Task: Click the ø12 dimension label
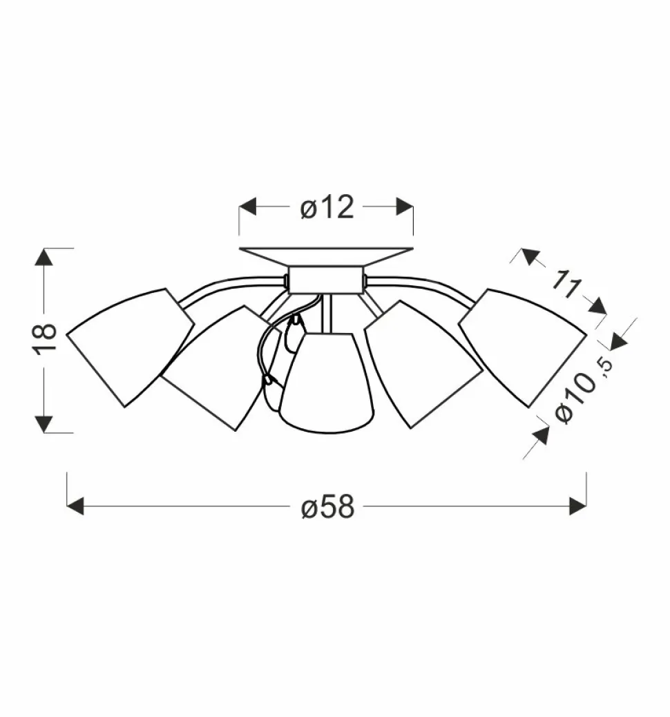[x=327, y=207]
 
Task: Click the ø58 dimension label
[x=328, y=507]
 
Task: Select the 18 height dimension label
[x=46, y=338]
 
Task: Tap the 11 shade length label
[x=566, y=285]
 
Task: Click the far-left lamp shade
[x=131, y=347]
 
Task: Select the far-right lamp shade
[x=522, y=347]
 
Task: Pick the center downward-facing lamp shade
[x=327, y=383]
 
